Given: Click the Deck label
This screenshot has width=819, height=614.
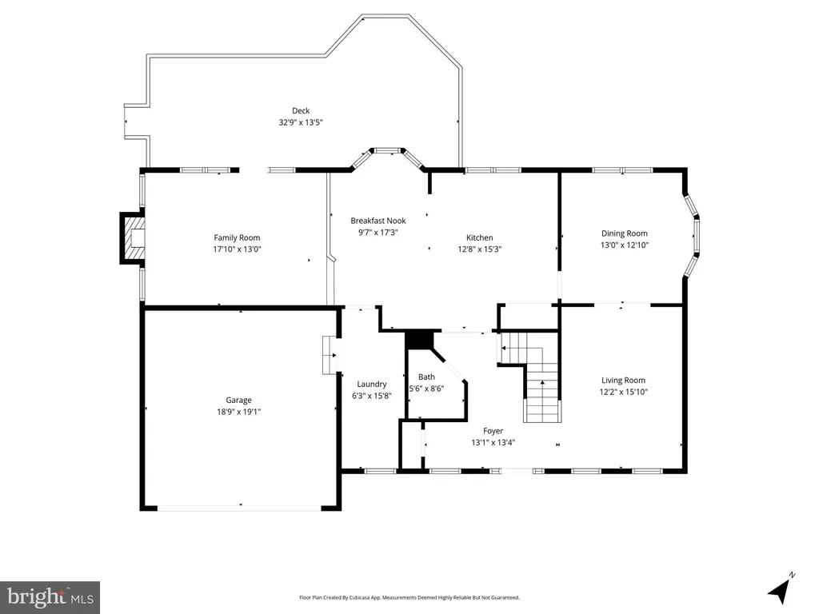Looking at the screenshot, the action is pos(301,110).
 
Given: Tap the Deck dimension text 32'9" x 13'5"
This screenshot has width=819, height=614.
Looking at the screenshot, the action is pos(301,122).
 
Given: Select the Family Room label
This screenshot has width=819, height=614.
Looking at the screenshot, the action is pos(237,237).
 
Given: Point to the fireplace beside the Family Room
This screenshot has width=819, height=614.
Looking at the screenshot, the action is pos(133,238).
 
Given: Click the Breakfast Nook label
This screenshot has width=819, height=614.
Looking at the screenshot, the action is pos(378,221).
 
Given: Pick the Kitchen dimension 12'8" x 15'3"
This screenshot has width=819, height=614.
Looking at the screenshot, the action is pos(480,249).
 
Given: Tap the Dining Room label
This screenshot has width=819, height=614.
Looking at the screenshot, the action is pos(624,233).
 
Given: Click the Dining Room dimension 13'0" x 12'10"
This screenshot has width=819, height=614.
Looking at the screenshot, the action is pos(624,245).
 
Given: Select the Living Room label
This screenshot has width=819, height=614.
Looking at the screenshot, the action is pos(623,380).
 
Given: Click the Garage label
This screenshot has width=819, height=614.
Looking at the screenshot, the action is pos(238,400).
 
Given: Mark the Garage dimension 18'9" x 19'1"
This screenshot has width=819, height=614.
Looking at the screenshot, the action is pos(238,412).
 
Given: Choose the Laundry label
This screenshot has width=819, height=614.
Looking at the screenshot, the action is pos(372,385).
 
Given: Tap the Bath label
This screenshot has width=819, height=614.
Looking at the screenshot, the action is pos(427,377).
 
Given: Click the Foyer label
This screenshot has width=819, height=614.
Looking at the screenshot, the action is pos(493,431).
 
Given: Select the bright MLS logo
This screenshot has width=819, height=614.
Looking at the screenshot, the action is pos(50,597).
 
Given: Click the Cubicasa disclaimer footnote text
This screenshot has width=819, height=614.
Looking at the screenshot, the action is pos(409,598).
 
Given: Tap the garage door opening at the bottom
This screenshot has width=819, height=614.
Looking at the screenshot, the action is pos(240,508).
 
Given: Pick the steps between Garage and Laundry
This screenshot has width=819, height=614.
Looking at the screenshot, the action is pos(330,355).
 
